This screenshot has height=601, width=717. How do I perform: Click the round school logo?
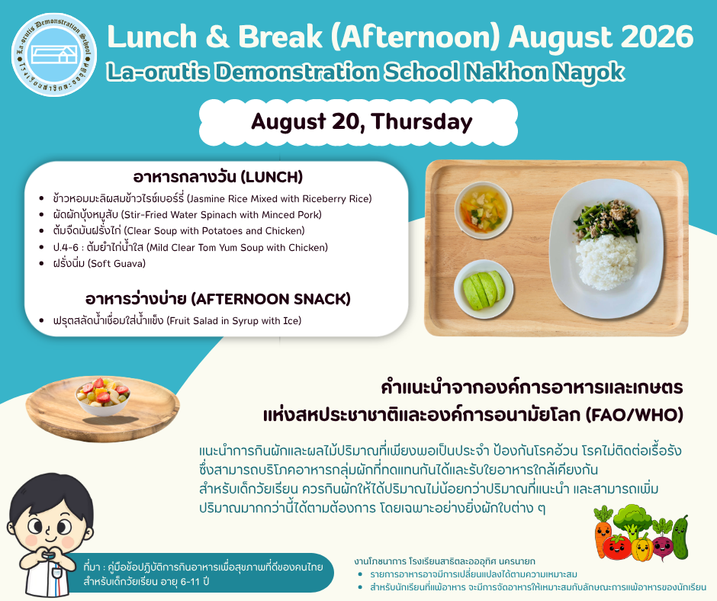point(54,54)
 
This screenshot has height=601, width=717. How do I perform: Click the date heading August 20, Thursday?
point(362,122)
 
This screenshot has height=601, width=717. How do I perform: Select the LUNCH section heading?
point(217,176)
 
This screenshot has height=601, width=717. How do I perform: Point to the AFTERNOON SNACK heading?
point(217,299)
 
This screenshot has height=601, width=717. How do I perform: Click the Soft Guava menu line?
point(99,263)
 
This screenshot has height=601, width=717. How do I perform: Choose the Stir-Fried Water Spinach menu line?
point(188,214)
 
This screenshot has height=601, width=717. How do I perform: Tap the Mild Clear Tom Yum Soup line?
point(190,247)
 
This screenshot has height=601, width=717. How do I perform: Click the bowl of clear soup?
point(484,211)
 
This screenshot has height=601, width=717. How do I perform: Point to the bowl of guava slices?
point(484,288)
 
